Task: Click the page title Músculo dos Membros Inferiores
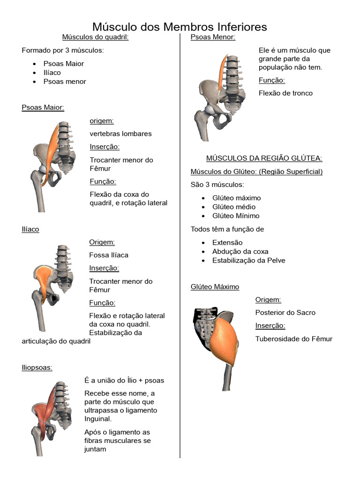[180, 27]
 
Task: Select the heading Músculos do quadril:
[95, 37]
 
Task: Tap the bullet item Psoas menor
[65, 82]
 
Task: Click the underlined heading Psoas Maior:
[43, 107]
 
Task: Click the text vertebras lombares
[120, 134]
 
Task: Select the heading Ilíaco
[30, 229]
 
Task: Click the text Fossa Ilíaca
[109, 255]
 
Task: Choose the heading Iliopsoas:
[37, 367]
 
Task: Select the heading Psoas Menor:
[213, 37]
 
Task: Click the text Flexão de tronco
[285, 93]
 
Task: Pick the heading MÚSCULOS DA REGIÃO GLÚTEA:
[264, 158]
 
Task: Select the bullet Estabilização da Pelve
[248, 261]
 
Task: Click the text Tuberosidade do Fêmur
[294, 338]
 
